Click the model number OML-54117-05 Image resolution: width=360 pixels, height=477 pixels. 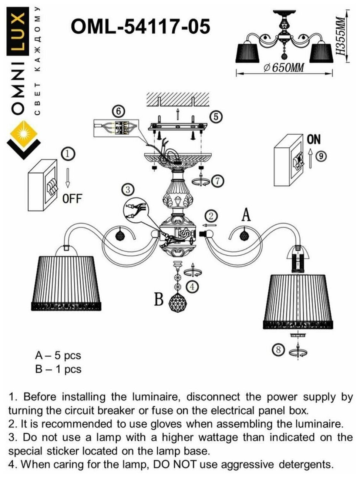tap(140, 27)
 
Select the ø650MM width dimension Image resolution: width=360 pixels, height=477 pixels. tap(284, 68)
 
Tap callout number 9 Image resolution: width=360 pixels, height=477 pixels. tap(322, 156)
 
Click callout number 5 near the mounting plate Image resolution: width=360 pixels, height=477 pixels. tap(216, 117)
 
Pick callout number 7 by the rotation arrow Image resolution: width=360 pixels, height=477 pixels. tap(218, 181)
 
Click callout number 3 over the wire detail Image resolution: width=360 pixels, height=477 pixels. tap(128, 190)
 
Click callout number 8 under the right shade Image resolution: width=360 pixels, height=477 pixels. tap(280, 350)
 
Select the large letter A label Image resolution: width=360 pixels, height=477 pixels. tap(246, 214)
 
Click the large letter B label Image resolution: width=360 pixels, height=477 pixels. tap(158, 299)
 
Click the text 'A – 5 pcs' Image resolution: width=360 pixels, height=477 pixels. tap(58, 355)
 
